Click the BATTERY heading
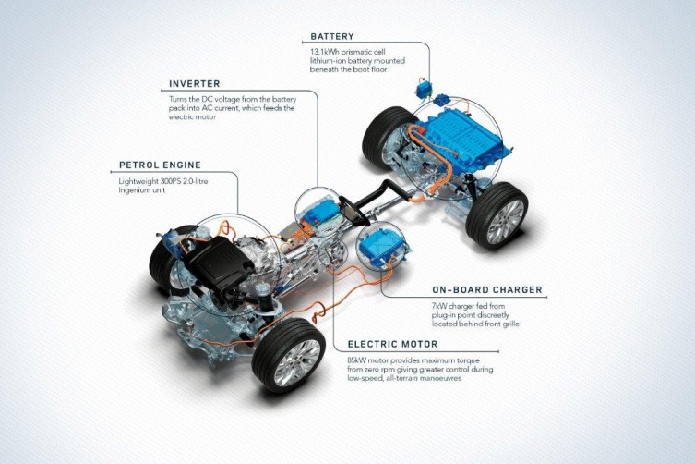pyautogui.click(x=332, y=36)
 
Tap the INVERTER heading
pyautogui.click(x=195, y=84)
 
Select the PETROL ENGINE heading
pyautogui.click(x=160, y=165)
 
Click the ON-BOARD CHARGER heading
pyautogui.click(x=487, y=290)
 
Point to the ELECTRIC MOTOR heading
pyautogui.click(x=392, y=344)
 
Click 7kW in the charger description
pyautogui.click(x=438, y=306)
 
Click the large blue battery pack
pyautogui.click(x=462, y=132)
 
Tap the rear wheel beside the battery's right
pyautogui.click(x=497, y=214)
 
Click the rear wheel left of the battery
pyautogui.click(x=387, y=137)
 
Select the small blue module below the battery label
pyautogui.click(x=424, y=89)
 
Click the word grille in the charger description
pyautogui.click(x=509, y=324)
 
